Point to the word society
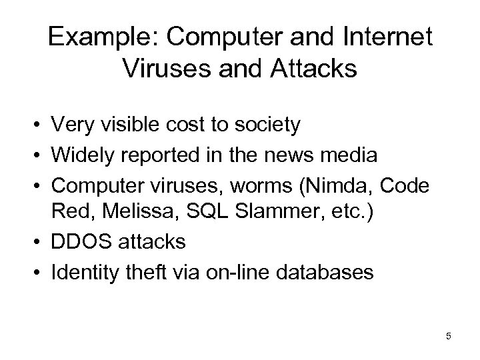(x=245, y=124)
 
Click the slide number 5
(x=449, y=336)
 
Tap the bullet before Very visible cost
(x=41, y=125)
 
